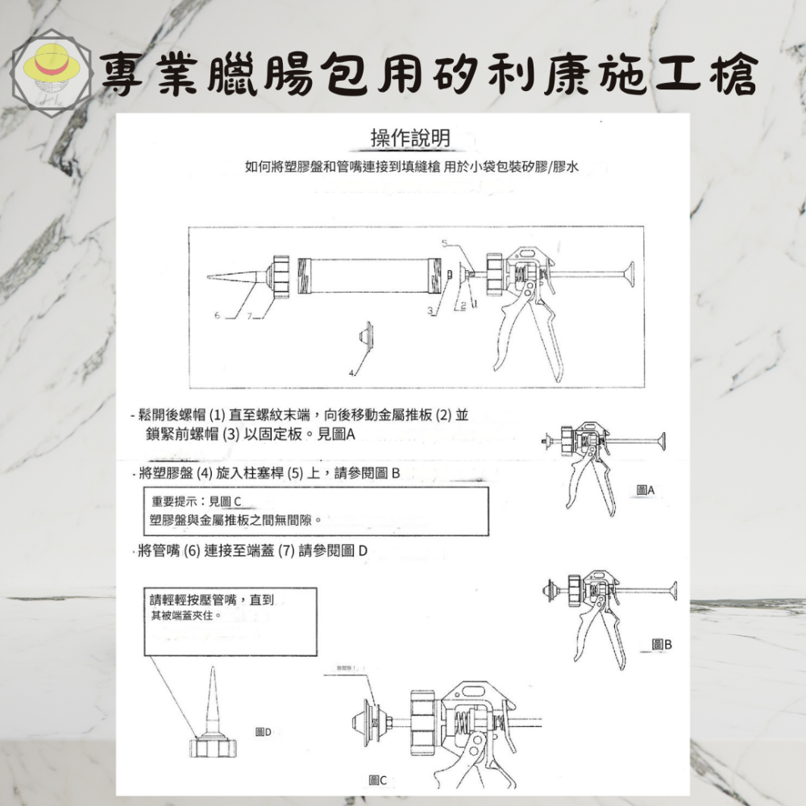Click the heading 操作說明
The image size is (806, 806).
[409, 139]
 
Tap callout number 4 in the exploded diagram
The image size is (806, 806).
[351, 373]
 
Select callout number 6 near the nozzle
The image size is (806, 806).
[217, 315]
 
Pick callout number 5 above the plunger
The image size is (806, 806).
[444, 243]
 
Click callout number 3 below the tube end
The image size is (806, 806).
[430, 310]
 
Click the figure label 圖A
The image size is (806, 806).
[645, 490]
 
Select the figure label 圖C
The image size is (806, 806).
[377, 779]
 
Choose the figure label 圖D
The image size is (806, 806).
[263, 732]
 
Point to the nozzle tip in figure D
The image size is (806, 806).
[213, 674]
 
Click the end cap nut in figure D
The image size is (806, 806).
[215, 747]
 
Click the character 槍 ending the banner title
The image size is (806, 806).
[732, 75]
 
